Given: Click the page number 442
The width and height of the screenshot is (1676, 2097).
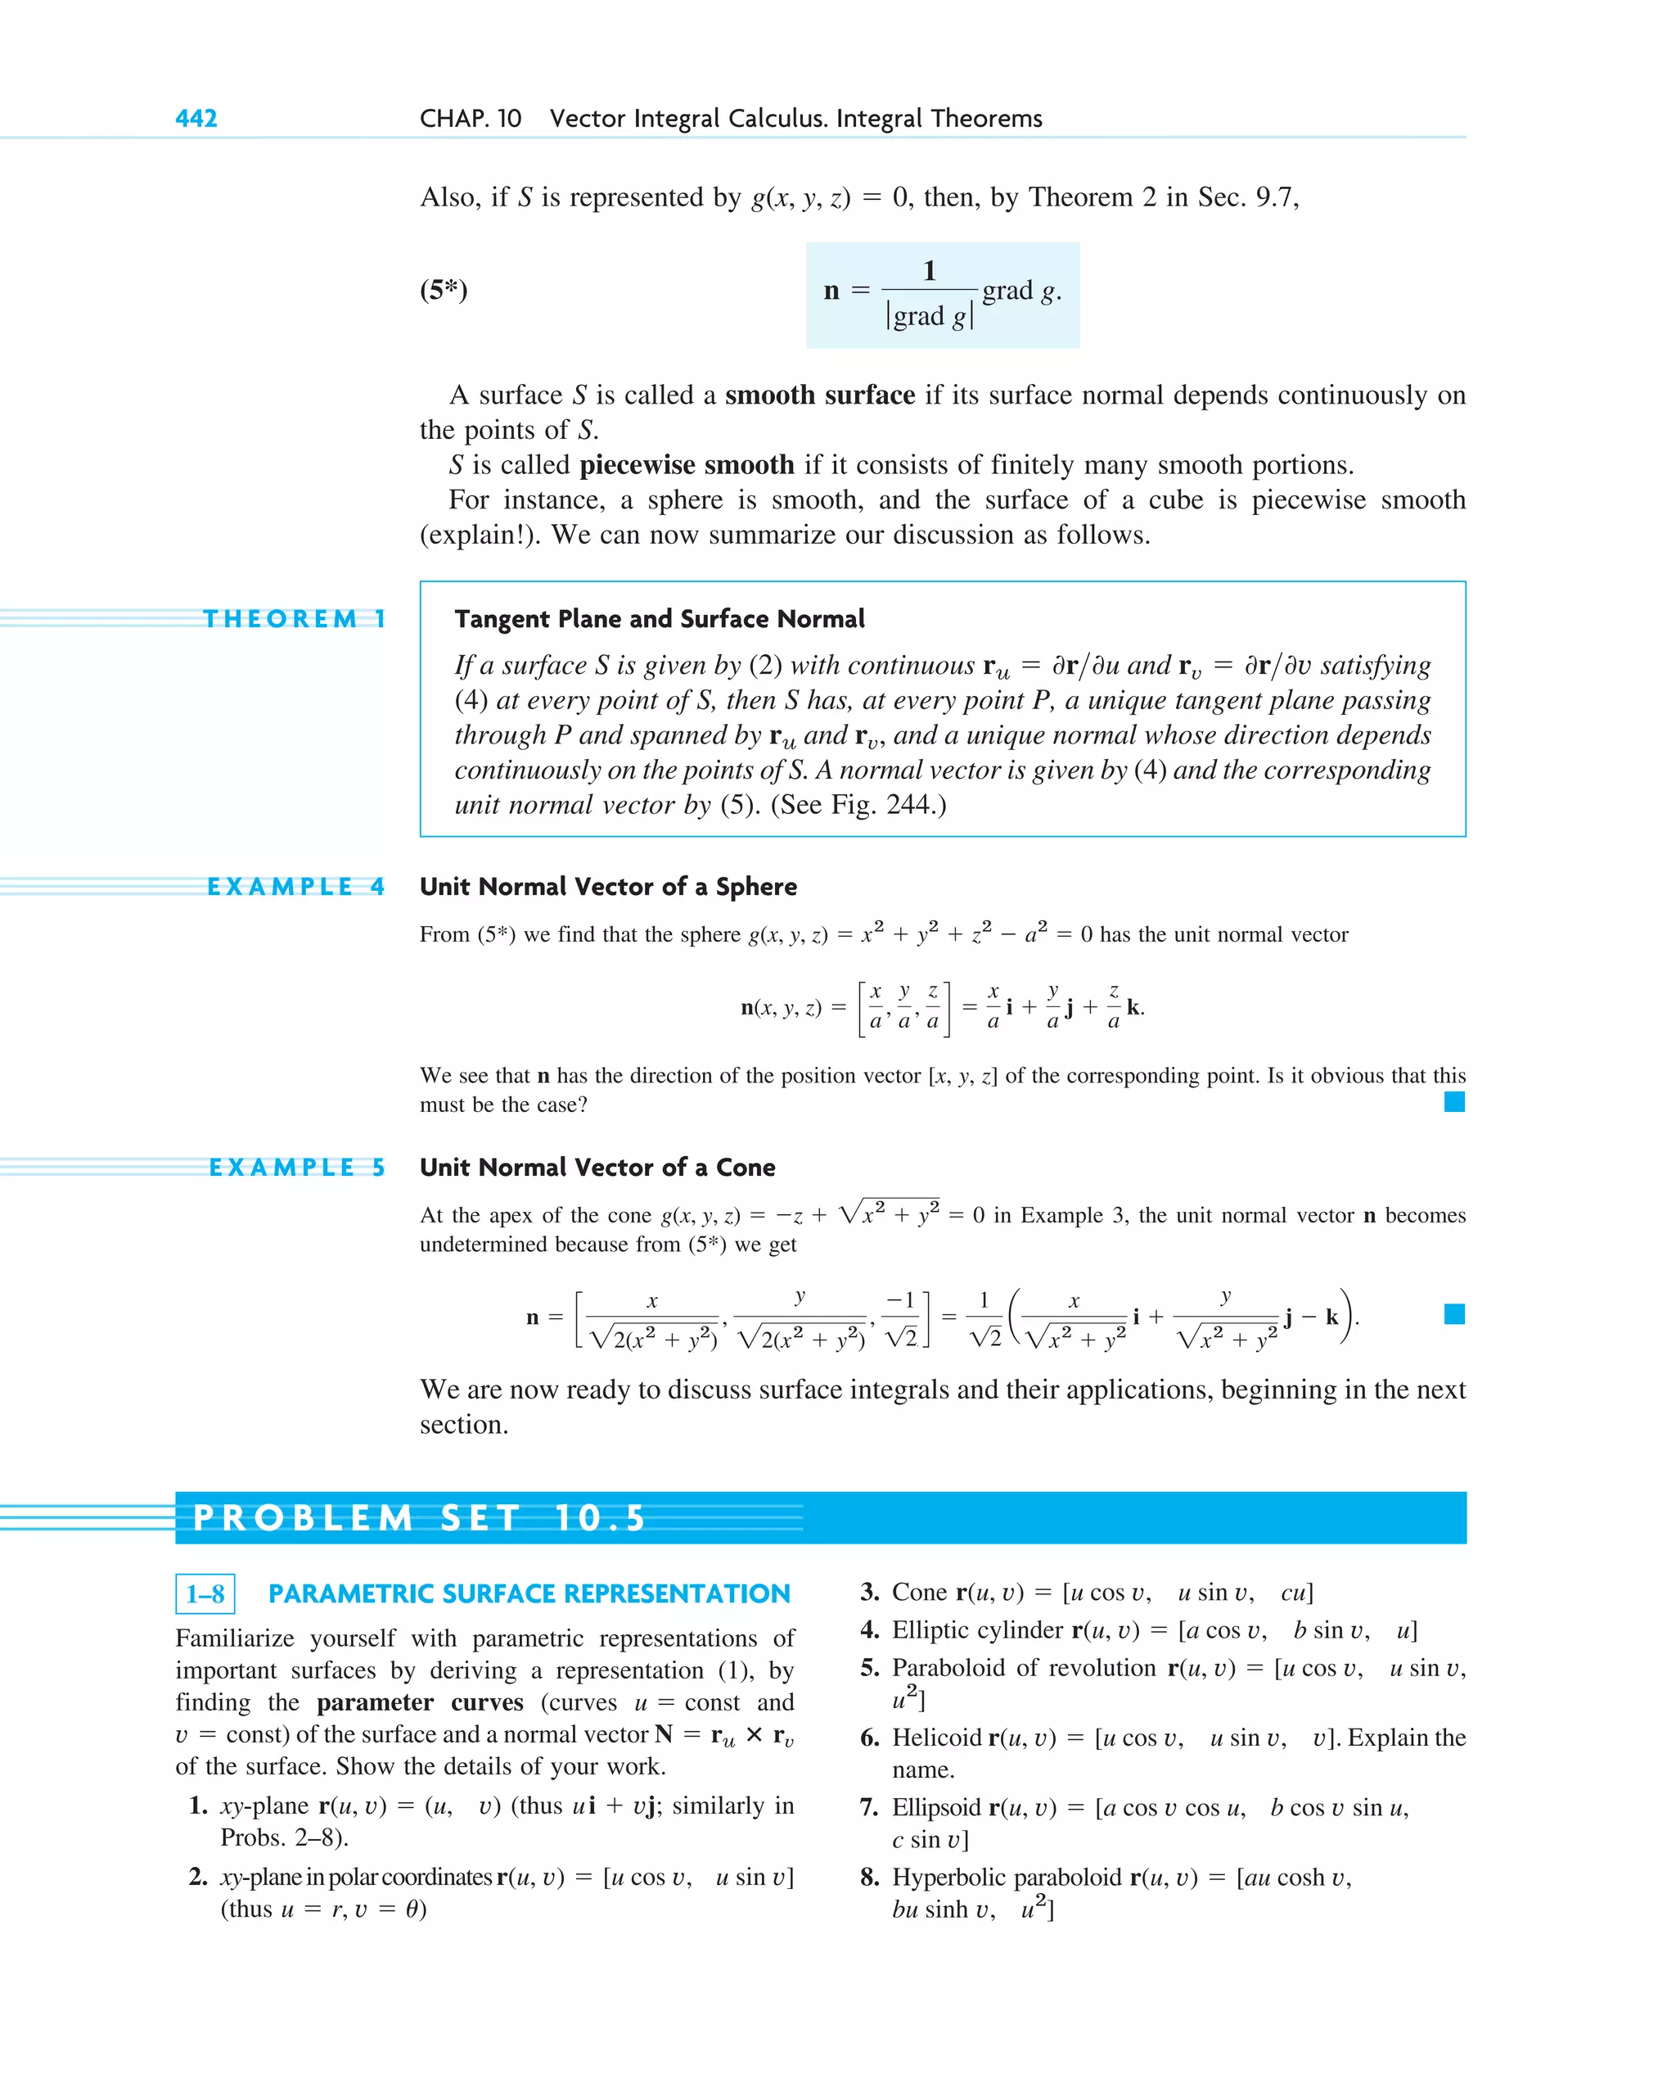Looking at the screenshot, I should pyautogui.click(x=196, y=119).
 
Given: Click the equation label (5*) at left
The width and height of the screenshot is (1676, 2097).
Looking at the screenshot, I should pyautogui.click(x=444, y=290).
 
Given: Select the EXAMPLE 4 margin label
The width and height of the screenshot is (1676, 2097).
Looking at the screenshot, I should pyautogui.click(x=295, y=886).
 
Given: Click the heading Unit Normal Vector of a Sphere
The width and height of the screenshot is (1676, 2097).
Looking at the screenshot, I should pyautogui.click(x=607, y=886).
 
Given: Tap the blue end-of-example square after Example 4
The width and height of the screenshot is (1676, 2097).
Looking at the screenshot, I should pyautogui.click(x=1453, y=1101).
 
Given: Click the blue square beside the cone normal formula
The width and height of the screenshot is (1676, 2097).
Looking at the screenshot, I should pyautogui.click(x=1453, y=1314).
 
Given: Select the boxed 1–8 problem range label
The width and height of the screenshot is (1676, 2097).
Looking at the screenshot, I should pyautogui.click(x=205, y=1594).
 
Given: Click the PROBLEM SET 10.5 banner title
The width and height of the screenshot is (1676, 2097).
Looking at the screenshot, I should pyautogui.click(x=419, y=1518).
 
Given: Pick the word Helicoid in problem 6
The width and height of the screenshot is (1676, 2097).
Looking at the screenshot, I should pyautogui.click(x=936, y=1738).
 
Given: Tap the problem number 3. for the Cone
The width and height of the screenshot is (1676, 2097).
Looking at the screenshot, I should pyautogui.click(x=869, y=1593).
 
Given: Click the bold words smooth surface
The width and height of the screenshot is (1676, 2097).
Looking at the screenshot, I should pyautogui.click(x=819, y=395).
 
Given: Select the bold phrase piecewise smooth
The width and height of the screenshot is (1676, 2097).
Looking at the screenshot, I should pyautogui.click(x=687, y=465).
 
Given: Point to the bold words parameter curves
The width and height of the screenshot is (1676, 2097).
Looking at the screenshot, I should pyautogui.click(x=419, y=1702).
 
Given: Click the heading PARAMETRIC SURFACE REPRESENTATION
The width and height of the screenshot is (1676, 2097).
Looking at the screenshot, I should pyautogui.click(x=529, y=1594).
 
